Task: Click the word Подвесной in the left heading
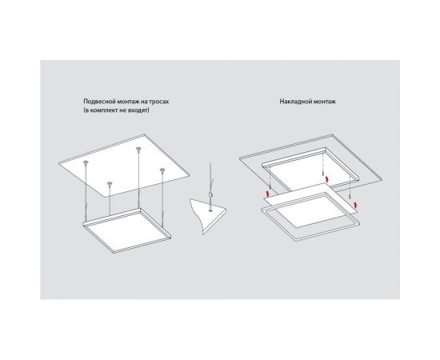pos(96,102)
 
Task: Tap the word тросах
pos(159,102)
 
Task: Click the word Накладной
pos(293,102)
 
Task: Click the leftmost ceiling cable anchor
pos(86,162)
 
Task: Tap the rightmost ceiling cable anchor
pos(162,170)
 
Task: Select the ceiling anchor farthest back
pos(138,149)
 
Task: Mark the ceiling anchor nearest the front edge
pos(110,184)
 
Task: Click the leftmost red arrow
pos(267,194)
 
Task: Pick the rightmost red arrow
pos(355,205)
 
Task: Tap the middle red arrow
pos(326,179)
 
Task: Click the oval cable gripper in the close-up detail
pos(210,195)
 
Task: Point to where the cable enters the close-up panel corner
pos(210,210)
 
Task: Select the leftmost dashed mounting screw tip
pos(270,187)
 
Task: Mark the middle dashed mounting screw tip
pos(323,172)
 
